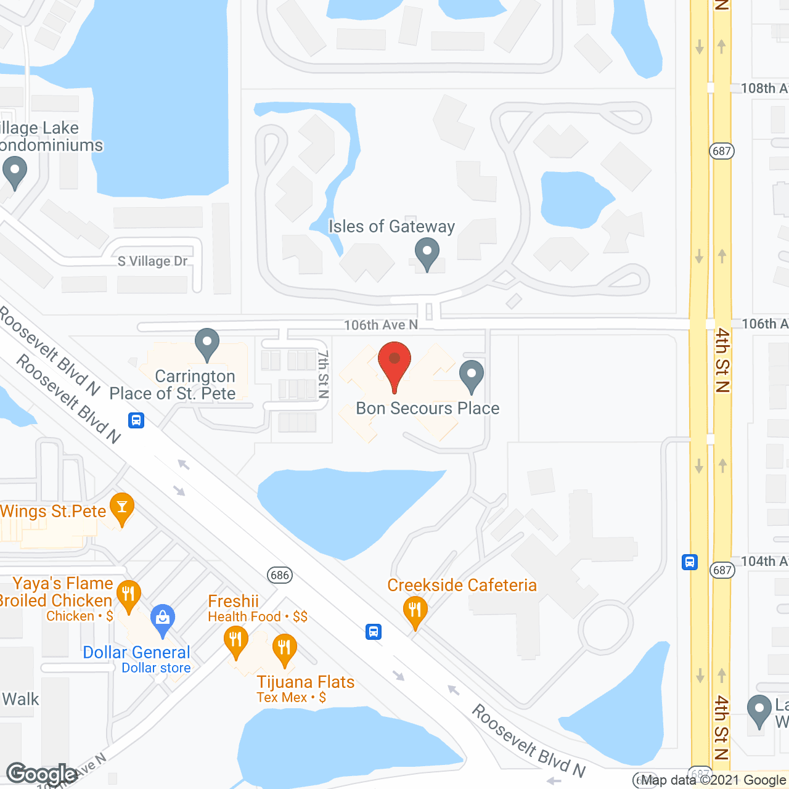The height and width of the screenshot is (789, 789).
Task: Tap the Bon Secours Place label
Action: [428, 408]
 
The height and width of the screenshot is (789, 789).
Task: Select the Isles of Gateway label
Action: [391, 227]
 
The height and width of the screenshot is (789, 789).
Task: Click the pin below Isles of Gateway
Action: [427, 253]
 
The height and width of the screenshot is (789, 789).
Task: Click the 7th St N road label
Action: [323, 375]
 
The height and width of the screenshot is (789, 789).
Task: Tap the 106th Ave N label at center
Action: [380, 325]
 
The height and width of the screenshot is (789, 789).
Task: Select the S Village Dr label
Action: [152, 261]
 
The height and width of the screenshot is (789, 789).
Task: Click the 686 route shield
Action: [280, 575]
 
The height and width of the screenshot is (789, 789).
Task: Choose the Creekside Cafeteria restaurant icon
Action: [415, 610]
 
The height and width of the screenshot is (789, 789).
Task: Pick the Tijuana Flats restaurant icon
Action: [284, 648]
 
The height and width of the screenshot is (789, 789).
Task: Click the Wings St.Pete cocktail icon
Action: [122, 507]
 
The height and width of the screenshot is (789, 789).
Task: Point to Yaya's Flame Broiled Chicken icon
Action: [128, 595]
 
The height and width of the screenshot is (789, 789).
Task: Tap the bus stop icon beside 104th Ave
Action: [690, 562]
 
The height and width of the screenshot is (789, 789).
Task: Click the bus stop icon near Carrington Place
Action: [136, 421]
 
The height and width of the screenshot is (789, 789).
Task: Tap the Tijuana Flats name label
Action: [306, 682]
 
